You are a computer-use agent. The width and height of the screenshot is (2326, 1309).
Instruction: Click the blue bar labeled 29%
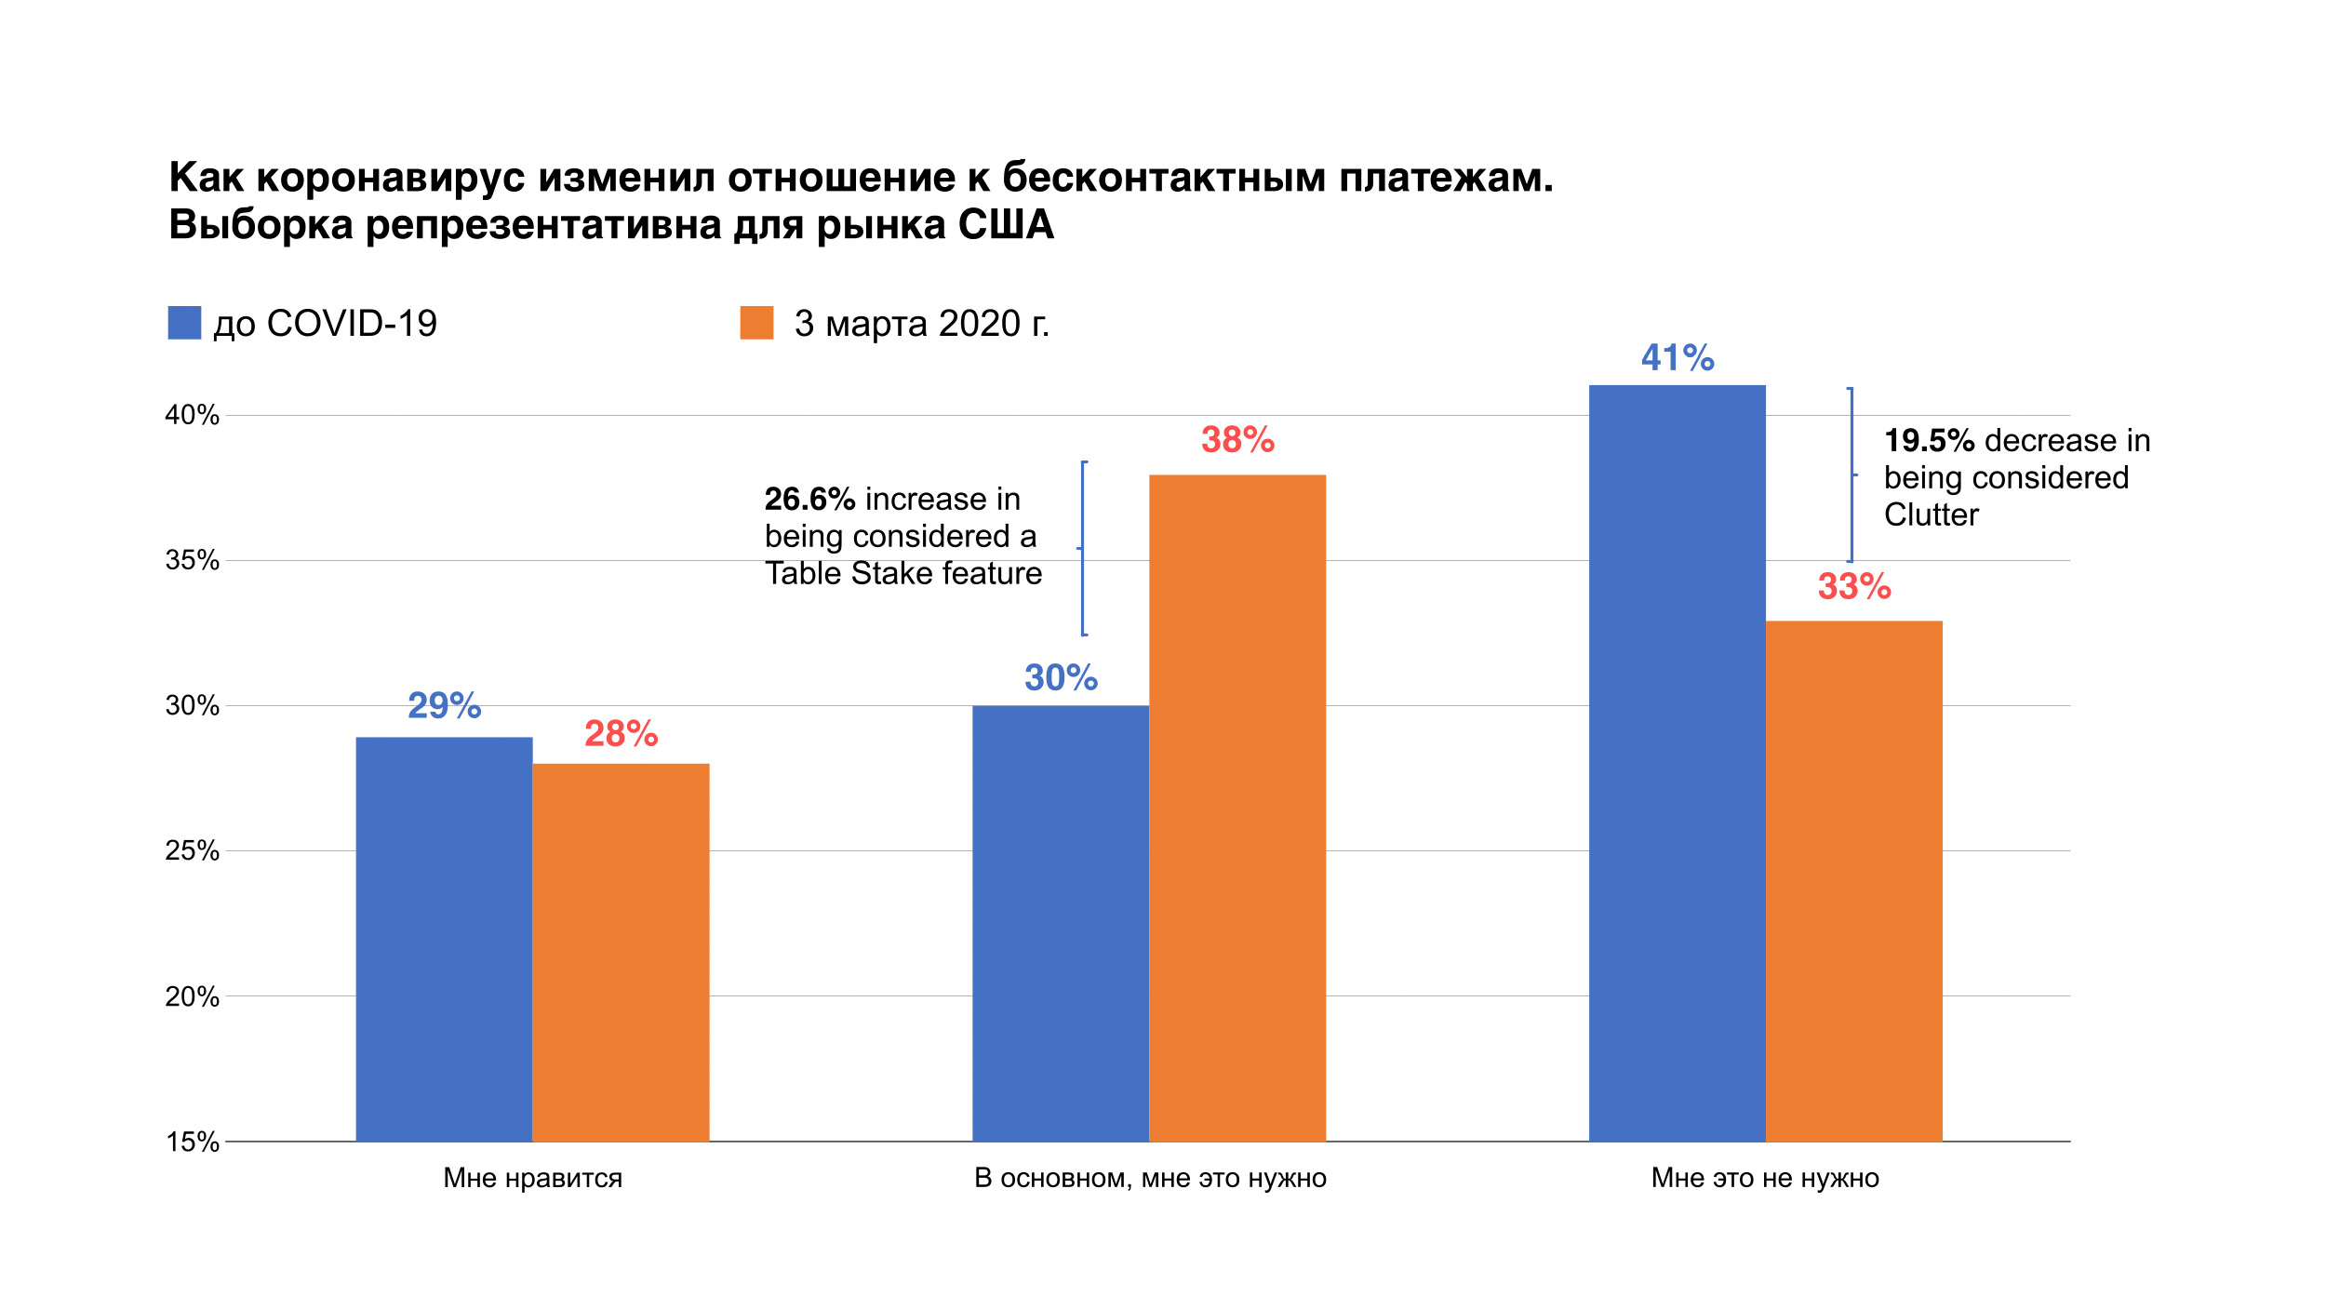(x=444, y=939)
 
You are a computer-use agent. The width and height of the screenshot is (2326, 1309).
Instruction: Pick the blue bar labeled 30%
(x=1061, y=923)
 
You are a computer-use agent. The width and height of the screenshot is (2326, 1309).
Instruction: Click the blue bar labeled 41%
(x=1677, y=763)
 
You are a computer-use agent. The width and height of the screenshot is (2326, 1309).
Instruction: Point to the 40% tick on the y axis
(x=193, y=415)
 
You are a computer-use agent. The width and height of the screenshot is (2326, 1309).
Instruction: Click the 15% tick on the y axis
(x=193, y=1142)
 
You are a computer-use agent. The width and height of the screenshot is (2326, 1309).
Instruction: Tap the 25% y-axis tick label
(x=193, y=850)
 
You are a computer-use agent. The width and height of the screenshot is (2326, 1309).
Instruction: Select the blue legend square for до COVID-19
(x=184, y=323)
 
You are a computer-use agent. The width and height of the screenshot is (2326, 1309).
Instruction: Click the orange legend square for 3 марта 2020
(x=756, y=323)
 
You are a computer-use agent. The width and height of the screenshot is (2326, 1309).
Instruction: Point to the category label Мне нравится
(x=532, y=1178)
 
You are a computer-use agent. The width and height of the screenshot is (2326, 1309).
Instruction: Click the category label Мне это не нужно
(x=1765, y=1178)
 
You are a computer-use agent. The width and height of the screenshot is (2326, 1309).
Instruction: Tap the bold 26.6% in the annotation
(x=809, y=500)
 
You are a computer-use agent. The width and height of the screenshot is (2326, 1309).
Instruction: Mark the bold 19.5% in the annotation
(x=1929, y=440)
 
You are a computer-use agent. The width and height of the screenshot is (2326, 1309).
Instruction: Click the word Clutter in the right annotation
(x=1932, y=514)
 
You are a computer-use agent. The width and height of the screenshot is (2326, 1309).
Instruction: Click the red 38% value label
(x=1237, y=439)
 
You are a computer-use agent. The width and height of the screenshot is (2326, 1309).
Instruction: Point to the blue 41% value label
(x=1678, y=358)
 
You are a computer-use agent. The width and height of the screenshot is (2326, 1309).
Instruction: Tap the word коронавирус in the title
(x=391, y=178)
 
